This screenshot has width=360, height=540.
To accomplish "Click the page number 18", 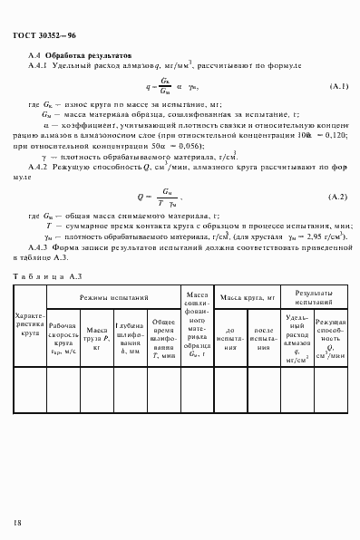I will (x=17, y=523).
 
